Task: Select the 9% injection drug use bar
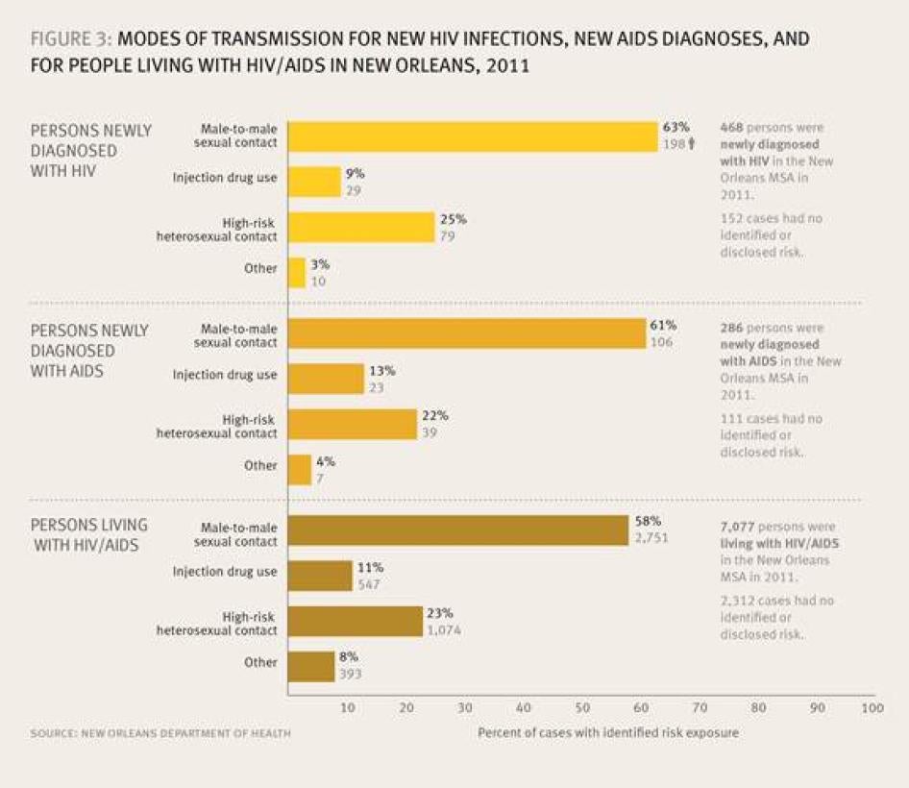pos(315,182)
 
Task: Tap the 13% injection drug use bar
pos(327,379)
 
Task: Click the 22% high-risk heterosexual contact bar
pos(353,424)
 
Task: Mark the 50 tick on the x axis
pos(582,708)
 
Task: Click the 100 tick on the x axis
pos(872,708)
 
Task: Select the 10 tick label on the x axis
pos(348,708)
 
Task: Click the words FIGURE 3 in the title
pos(70,40)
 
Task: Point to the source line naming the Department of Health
pos(160,733)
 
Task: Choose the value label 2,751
pos(652,540)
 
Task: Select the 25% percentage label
pos(453,219)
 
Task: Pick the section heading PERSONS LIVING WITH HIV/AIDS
pos(88,534)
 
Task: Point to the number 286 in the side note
pos(732,328)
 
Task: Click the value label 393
pos(350,675)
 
